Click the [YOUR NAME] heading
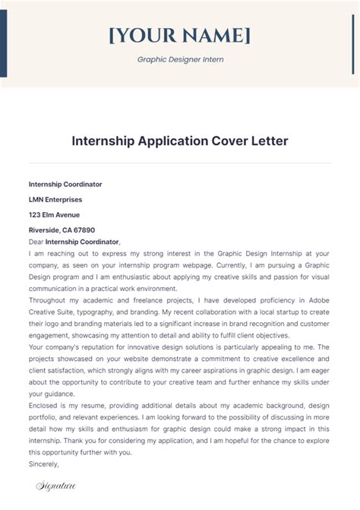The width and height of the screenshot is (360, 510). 180,35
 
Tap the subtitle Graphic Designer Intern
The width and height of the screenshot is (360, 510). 180,59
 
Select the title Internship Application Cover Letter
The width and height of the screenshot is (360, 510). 180,141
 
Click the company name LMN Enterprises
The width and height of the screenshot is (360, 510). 56,199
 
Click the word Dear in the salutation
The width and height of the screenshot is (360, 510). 36,241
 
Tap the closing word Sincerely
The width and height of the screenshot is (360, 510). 43,463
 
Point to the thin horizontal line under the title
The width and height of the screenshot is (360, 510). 180,162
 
